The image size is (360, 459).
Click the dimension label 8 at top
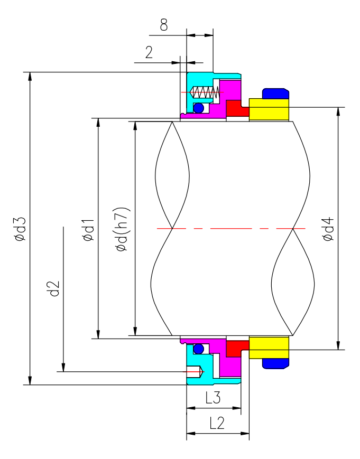pyautogui.click(x=164, y=25)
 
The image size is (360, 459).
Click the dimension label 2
pyautogui.click(x=149, y=52)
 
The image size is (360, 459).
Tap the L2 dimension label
pyautogui.click(x=217, y=423)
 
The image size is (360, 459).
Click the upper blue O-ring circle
pyautogui.click(x=199, y=108)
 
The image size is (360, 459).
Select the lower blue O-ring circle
pyautogui.click(x=199, y=349)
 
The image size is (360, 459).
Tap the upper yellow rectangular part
pyautogui.click(x=269, y=109)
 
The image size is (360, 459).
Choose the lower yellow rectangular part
pyautogui.click(x=269, y=348)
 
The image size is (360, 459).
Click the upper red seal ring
pyautogui.click(x=236, y=108)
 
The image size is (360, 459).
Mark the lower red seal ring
pyautogui.click(x=236, y=348)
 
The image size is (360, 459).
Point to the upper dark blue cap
pyautogui.click(x=275, y=93)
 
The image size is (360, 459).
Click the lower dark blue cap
pyautogui.click(x=275, y=363)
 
